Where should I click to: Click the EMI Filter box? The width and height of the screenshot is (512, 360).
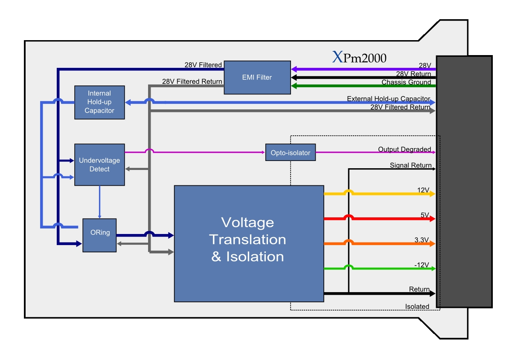click(x=257, y=77)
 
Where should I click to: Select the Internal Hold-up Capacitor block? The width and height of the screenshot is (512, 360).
click(x=99, y=102)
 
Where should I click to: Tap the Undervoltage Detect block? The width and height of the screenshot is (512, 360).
click(x=99, y=164)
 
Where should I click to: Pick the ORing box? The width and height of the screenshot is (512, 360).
click(x=99, y=235)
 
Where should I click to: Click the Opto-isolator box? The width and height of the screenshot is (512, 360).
click(x=290, y=152)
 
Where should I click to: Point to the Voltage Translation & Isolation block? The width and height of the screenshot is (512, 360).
click(x=249, y=243)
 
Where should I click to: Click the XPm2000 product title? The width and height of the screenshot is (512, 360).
click(x=359, y=57)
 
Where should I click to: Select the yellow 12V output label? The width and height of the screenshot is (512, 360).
click(x=423, y=190)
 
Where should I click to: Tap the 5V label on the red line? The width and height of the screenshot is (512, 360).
click(x=425, y=215)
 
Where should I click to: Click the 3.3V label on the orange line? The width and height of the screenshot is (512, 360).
click(x=421, y=240)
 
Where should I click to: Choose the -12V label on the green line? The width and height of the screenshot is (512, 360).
click(x=421, y=265)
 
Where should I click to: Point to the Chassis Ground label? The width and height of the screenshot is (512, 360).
click(x=406, y=82)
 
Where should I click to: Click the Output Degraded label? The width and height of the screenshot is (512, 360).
click(x=404, y=149)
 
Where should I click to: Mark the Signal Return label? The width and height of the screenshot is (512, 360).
click(x=410, y=165)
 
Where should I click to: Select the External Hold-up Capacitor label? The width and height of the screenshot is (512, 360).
click(x=388, y=99)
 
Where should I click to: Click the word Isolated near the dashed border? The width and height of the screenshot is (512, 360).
click(x=417, y=307)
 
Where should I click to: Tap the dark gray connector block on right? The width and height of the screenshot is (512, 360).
click(x=464, y=181)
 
